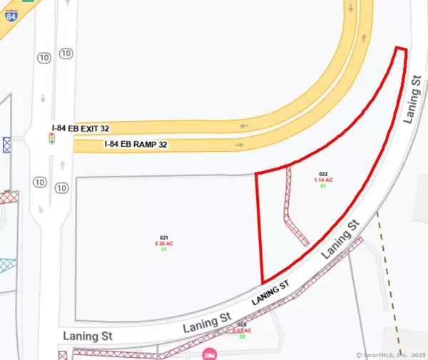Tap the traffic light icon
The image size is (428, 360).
(52, 138)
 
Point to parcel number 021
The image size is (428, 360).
(163, 237)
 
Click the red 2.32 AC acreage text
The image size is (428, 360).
(163, 243)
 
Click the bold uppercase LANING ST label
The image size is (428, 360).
(270, 294)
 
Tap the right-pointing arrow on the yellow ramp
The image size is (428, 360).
(238, 145)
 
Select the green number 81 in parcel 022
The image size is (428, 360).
(322, 186)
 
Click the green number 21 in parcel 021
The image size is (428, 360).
(163, 250)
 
